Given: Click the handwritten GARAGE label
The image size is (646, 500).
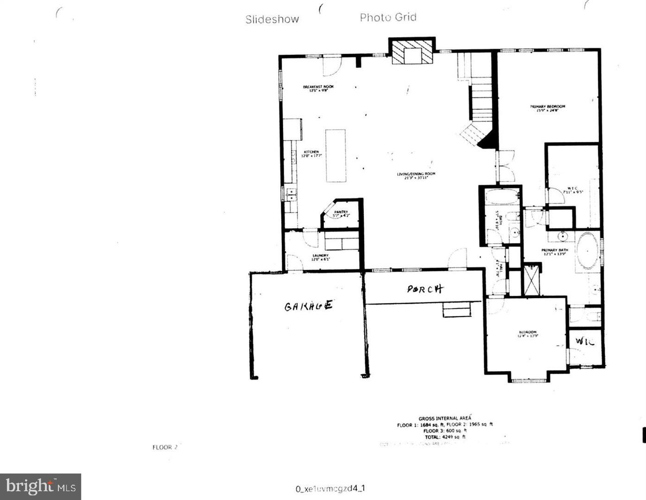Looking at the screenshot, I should coord(308,306).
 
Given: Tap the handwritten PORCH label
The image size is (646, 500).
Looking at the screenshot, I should coord(425,289).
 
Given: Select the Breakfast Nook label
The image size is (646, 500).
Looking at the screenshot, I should coord(318,88).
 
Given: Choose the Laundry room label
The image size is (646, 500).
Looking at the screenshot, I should coord(320,257).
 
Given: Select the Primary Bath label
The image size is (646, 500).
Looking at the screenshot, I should coord(555,252).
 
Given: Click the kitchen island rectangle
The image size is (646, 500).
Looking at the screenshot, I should coord(336,156).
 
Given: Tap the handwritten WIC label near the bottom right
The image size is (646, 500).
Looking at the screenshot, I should coord(584,342).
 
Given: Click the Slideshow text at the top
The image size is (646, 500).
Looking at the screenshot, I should coord(272,19).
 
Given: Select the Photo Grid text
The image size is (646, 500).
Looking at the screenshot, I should coord(388,18).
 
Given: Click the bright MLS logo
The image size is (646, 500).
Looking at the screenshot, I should coord(41,487).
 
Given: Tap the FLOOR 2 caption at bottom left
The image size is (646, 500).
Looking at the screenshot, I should coord(165,447).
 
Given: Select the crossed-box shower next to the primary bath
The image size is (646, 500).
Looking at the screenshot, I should coord(531,279).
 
